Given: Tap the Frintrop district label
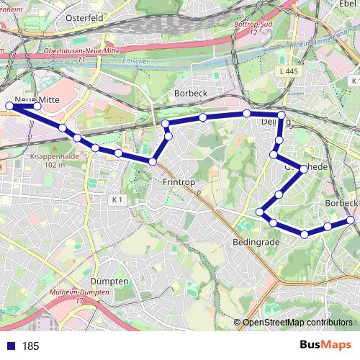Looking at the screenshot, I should [179, 183].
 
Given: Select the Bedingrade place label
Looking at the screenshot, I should [256, 243].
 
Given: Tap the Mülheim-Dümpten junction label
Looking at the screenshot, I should [80, 292].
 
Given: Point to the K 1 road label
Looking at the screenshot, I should [118, 199].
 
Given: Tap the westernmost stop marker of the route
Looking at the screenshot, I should [9, 107].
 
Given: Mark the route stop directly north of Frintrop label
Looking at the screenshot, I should [153, 161].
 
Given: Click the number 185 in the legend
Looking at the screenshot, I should [30, 346].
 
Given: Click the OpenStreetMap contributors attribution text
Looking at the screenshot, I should [297, 323].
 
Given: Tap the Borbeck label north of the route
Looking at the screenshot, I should [191, 94].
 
